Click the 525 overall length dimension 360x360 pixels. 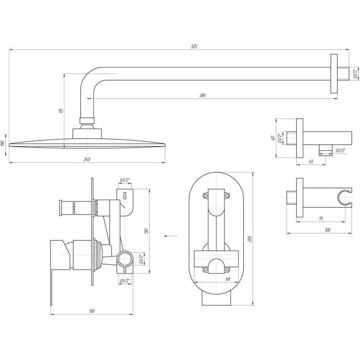coord(194,46)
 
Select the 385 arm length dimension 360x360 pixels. coord(202,95)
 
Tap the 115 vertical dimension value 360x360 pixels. coord(61,111)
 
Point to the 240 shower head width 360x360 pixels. coord(87,159)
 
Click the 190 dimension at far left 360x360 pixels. coord(3,144)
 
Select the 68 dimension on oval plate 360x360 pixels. coord(228,279)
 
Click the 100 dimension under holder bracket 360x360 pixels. coord(328,230)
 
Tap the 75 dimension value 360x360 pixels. coord(321,219)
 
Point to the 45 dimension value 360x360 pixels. coord(311,162)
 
